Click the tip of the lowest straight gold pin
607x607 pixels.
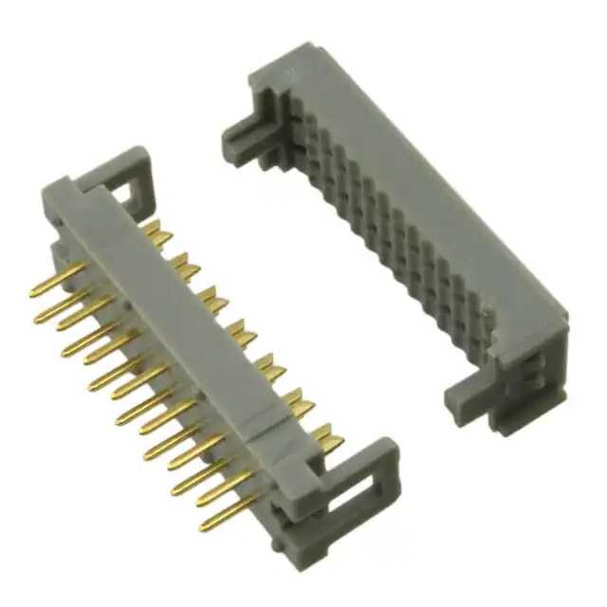coord(204,526)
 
